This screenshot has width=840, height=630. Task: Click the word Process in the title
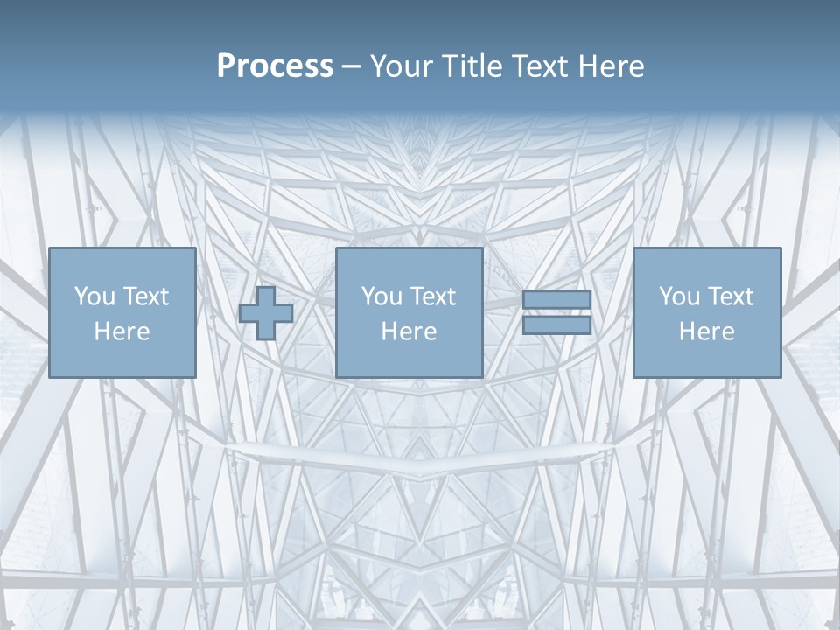click(x=275, y=66)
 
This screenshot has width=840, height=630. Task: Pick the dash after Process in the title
click(x=352, y=67)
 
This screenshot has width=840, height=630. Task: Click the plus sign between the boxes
click(x=266, y=313)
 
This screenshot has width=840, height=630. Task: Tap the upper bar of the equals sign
click(x=556, y=300)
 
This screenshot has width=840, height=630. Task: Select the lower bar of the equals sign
click(x=556, y=325)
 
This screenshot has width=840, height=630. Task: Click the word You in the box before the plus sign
click(x=93, y=297)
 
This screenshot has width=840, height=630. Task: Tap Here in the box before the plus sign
click(x=122, y=332)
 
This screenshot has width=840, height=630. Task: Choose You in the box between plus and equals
click(x=381, y=297)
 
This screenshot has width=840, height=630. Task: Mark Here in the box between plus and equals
click(x=409, y=332)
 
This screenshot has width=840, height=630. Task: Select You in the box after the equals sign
click(x=678, y=297)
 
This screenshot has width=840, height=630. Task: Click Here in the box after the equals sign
click(x=706, y=332)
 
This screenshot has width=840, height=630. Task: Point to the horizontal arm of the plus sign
click(x=248, y=313)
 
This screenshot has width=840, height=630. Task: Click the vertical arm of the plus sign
click(x=266, y=294)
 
